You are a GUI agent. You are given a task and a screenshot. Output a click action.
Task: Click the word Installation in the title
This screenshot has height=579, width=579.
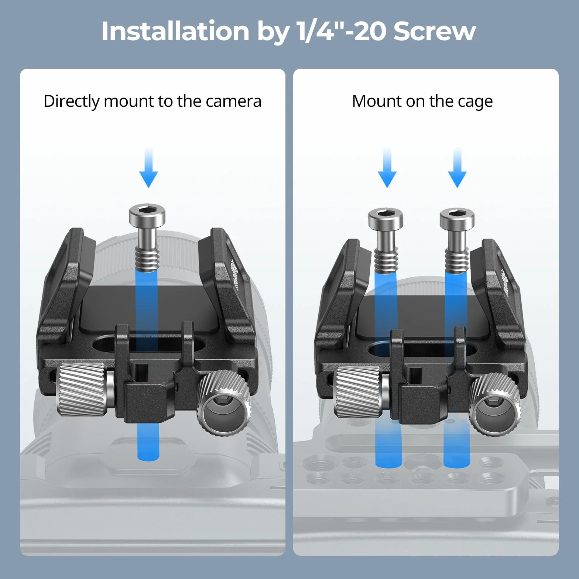pos(175,31)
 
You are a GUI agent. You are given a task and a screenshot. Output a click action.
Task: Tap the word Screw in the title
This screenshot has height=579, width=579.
pos(435,31)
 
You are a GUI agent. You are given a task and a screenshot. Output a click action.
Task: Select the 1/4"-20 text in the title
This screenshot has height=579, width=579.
pos(342,31)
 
